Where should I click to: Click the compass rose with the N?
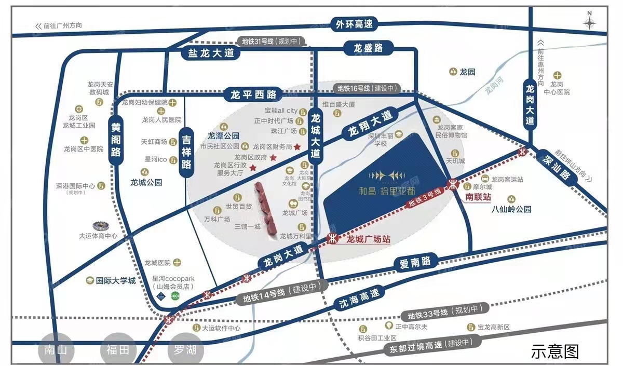(590, 22)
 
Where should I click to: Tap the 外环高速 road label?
(355, 24)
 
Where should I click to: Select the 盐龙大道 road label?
(208, 53)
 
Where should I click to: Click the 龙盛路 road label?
(368, 48)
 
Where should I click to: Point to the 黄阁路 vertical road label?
(116, 140)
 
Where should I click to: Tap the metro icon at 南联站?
(453, 184)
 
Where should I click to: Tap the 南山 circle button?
(56, 350)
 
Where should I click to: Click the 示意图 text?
(554, 351)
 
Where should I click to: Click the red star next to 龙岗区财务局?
(297, 147)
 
